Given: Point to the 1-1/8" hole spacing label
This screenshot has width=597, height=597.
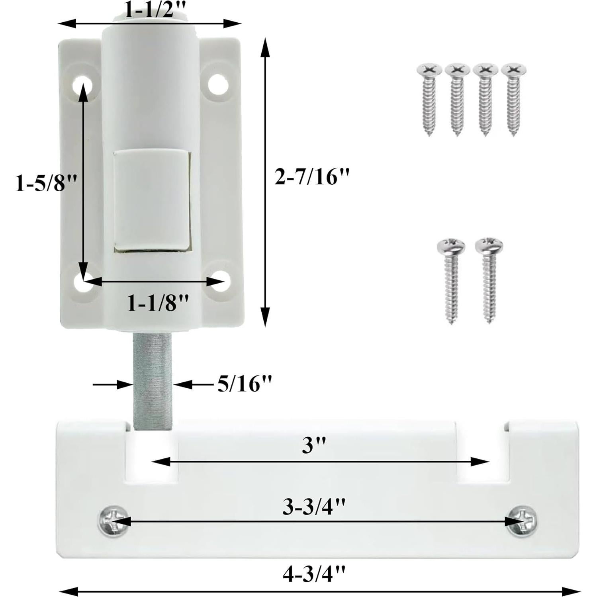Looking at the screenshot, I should coord(157,304).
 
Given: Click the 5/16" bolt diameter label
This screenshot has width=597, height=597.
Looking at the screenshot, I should coord(245,384).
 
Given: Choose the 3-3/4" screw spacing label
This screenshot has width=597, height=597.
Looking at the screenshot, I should coord(314,507).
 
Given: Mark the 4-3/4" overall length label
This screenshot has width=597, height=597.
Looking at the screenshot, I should coord(314,574).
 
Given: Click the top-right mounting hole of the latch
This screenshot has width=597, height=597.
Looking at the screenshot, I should coord(218,84).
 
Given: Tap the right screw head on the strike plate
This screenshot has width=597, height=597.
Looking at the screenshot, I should coord(521,520).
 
